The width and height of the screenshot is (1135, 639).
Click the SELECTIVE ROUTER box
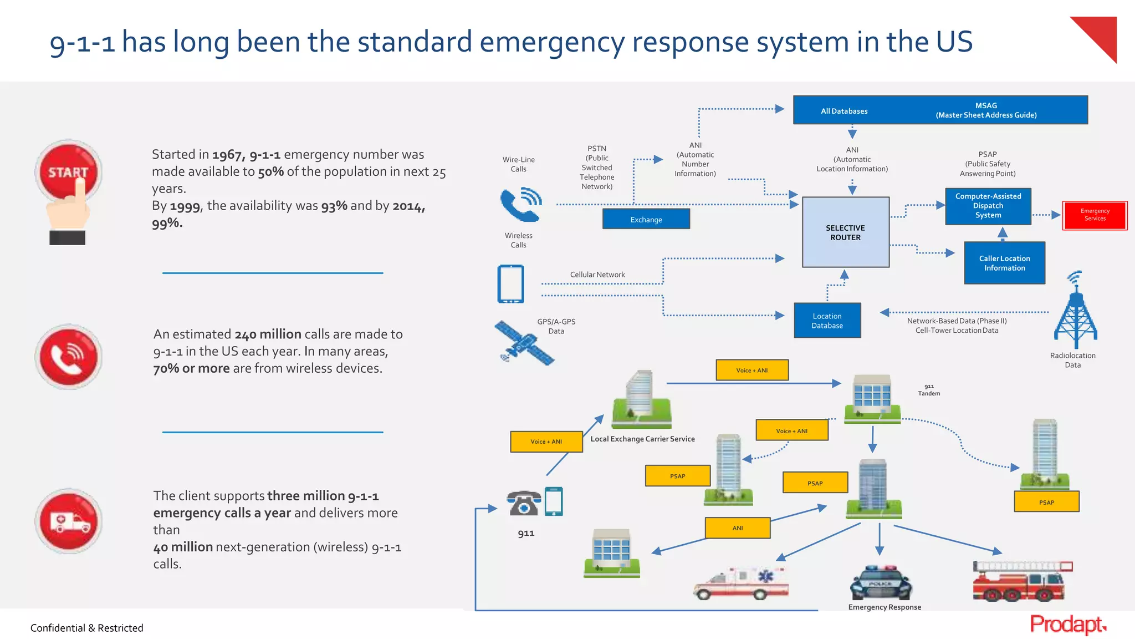pyautogui.click(x=845, y=232)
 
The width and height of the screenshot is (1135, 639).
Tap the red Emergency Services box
pyautogui.click(x=1095, y=215)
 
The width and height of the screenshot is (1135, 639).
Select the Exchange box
pyautogui.click(x=646, y=219)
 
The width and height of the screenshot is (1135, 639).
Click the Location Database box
pyautogui.click(x=827, y=321)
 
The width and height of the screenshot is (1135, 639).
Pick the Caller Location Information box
pyautogui.click(x=1004, y=263)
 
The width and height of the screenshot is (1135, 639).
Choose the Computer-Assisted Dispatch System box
pyautogui.click(x=988, y=206)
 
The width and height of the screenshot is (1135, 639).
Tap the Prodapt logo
pyautogui.click(x=1067, y=625)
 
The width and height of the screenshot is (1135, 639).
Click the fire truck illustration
pyautogui.click(x=1021, y=581)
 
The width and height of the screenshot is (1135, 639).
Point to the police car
pyautogui.click(x=881, y=582)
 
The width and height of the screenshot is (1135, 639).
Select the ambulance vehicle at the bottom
pyautogui.click(x=740, y=584)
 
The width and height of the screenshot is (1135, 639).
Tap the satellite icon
pyautogui.click(x=523, y=343)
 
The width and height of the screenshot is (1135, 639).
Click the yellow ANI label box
pyautogui.click(x=737, y=528)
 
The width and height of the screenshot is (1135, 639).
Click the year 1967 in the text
pyautogui.click(x=227, y=155)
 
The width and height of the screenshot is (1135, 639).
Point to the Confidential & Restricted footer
pyautogui.click(x=86, y=628)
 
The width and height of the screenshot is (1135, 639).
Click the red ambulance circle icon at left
pyautogui.click(x=69, y=521)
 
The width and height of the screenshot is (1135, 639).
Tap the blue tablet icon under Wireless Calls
pyautogui.click(x=510, y=284)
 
